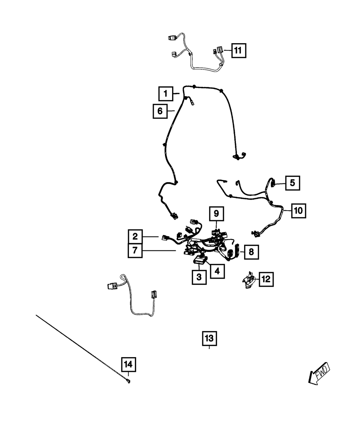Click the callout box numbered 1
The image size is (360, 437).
click(166, 94)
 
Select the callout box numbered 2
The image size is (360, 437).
click(135, 236)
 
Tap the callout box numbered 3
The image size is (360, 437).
click(199, 277)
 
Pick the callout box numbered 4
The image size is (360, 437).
click(217, 271)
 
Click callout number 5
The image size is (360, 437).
click(292, 183)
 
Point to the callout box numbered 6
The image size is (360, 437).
click(160, 111)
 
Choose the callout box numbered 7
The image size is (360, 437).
click(135, 251)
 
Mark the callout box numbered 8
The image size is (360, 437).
click(251, 252)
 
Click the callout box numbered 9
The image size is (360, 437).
click(216, 213)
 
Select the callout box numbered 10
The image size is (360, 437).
click(298, 211)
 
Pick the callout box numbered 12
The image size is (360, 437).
click(265, 279)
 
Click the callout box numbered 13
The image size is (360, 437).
click(209, 338)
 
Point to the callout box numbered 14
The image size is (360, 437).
click(129, 365)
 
